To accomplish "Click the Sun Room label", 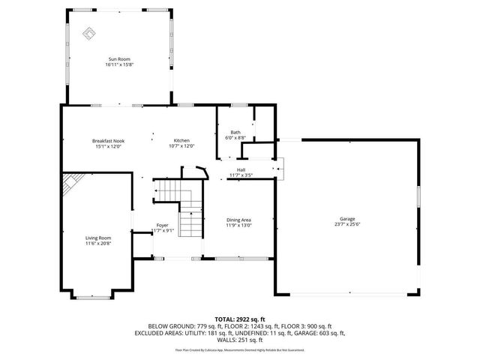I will point(119,58).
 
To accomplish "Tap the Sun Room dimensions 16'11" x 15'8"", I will point(119,64).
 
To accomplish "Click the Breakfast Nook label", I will point(109,141).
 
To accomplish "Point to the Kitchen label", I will point(182,141).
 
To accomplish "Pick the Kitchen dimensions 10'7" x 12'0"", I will point(182,146).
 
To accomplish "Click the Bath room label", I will point(235,132).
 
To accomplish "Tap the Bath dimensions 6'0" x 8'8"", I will point(235,138).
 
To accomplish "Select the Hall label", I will point(241,169).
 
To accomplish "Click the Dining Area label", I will point(239,220).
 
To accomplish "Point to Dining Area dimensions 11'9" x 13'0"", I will point(239,226).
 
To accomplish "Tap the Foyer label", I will point(162,225).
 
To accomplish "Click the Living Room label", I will point(98,238).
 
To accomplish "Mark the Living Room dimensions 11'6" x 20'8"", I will point(98,244).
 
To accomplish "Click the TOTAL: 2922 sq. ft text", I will point(240,319).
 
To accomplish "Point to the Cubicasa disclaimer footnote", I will point(240,349).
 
